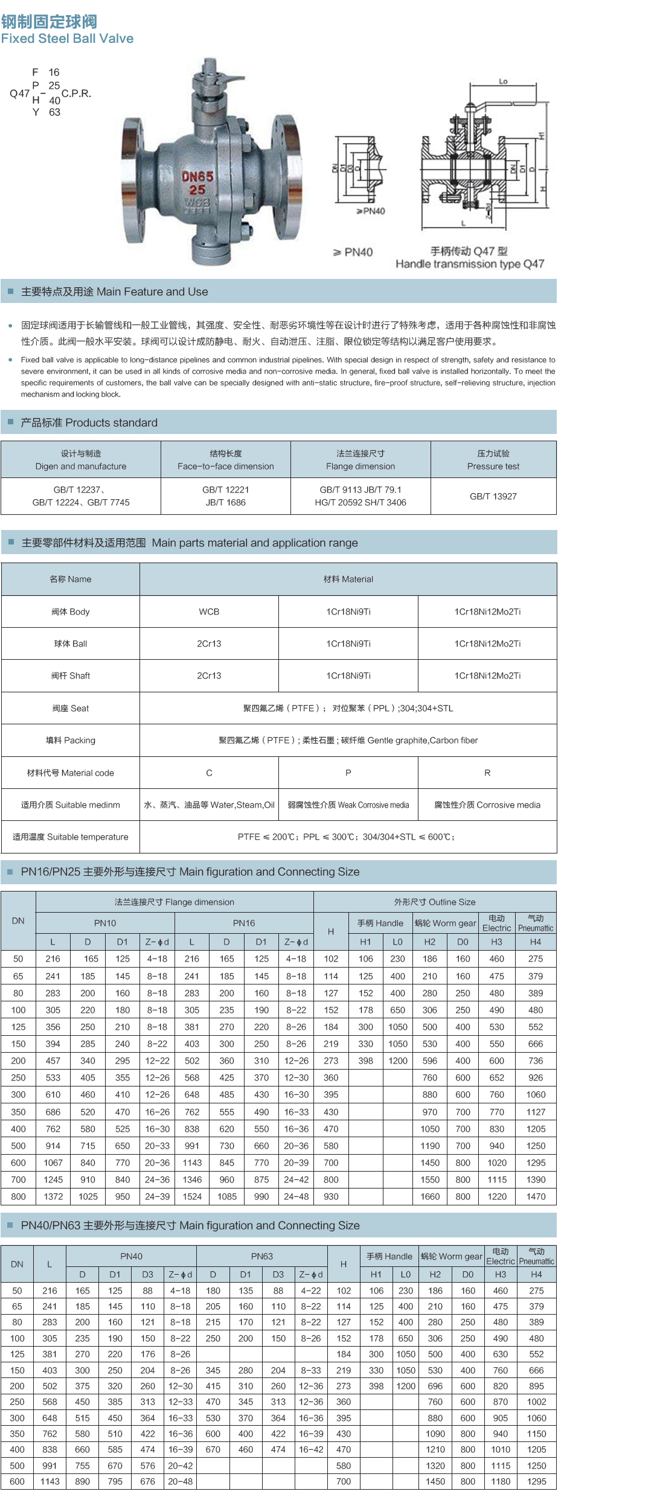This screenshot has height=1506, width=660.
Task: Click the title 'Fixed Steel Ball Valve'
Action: coord(67,39)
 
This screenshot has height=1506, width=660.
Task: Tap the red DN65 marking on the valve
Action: coord(197,177)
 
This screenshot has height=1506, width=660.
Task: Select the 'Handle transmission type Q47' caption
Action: coord(470,264)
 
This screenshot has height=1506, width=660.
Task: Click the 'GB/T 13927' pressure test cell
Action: coord(493,496)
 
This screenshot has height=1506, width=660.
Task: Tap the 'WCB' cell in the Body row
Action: coord(209,611)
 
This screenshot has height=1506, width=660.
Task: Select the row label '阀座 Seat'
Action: coord(71,708)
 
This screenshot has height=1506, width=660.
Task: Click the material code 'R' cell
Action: coord(487,773)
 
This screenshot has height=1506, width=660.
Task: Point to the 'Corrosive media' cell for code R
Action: coord(487,805)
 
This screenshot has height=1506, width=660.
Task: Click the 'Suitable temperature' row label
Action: coord(71,837)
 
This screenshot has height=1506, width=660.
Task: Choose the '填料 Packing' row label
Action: coord(71,740)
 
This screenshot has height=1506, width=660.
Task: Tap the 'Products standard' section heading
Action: coord(89,423)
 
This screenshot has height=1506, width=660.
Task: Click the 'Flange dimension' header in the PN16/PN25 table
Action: coord(175,902)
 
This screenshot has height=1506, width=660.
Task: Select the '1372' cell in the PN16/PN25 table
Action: coord(53,1196)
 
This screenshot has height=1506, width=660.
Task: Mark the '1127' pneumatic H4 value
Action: coord(536,1112)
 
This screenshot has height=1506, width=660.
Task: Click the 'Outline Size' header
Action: coord(435,902)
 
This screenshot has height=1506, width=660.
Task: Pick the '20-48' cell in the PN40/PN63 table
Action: coord(181,1481)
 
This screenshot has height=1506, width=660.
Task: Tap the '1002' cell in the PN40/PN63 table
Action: coord(536,1402)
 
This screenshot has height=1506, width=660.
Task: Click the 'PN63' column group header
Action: coord(262,1256)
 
